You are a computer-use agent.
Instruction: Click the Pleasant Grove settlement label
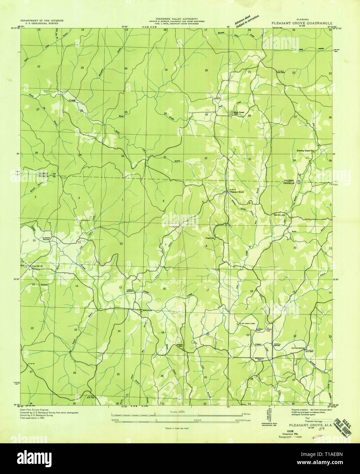pos(237,192)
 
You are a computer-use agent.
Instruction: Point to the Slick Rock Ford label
pos(247,323)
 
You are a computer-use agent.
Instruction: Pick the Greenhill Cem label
pos(260,359)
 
